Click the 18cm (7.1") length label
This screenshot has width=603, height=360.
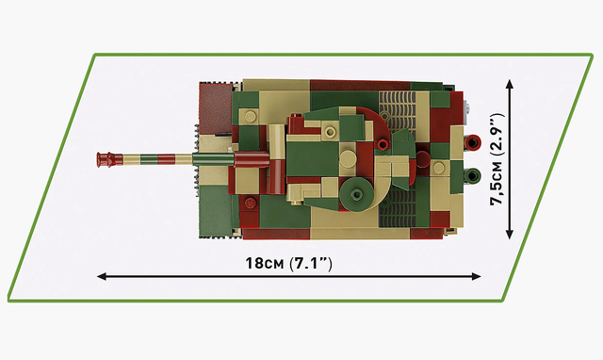pos(289,264)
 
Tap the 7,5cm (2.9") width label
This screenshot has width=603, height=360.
pos(497,159)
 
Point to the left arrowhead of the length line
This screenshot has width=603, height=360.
pos(102,276)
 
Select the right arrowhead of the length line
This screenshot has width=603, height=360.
pos(476,276)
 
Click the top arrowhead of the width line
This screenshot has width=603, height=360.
pos(510,84)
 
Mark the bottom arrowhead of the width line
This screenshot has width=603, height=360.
pos(510,234)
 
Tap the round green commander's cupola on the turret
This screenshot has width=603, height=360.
pos(356,194)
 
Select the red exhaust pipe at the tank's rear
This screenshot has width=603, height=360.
pos(472,142)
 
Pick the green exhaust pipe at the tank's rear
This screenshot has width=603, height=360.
pos(472,176)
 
